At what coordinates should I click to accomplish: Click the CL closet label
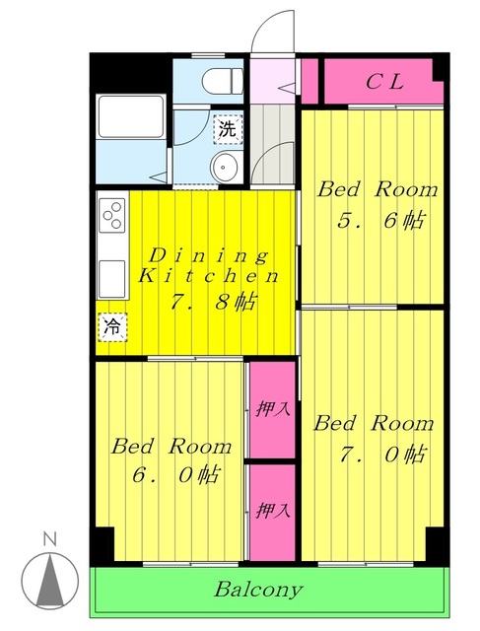[385, 82]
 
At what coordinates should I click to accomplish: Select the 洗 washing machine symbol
[228, 128]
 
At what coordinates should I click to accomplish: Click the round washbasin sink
[226, 166]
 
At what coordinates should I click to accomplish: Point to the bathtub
[132, 120]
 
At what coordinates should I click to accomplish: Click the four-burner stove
[112, 214]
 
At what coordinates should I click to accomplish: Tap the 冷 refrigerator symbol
[113, 325]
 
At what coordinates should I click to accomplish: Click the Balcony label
[258, 591]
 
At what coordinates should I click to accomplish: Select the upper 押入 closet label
[271, 408]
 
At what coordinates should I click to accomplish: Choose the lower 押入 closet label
[271, 511]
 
